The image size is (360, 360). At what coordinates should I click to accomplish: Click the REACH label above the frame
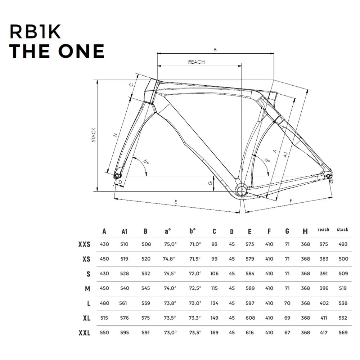[x=196, y=62]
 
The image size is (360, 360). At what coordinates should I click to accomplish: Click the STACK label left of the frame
[x=94, y=135]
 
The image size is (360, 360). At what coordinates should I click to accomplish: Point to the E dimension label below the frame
[x=176, y=202]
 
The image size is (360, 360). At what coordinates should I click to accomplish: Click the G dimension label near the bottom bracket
[x=210, y=183]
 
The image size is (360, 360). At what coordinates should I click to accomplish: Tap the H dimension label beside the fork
[x=115, y=135]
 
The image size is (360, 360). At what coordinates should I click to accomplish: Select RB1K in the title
[x=35, y=32]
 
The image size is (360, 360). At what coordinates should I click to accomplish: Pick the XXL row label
[x=84, y=333]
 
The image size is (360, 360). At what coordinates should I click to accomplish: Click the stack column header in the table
[x=342, y=230]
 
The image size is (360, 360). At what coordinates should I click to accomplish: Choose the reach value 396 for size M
[x=324, y=288]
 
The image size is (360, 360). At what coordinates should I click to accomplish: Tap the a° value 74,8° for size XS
[x=169, y=259]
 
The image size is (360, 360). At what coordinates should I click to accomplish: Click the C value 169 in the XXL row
[x=214, y=333]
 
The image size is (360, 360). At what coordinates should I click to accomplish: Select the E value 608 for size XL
[x=250, y=318]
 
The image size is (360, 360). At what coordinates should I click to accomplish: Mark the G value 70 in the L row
[x=287, y=303]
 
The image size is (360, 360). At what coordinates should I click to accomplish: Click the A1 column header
[x=125, y=231]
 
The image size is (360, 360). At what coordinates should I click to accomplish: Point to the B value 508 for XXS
[x=145, y=244]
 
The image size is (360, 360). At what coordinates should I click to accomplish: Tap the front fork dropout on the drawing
[x=117, y=176]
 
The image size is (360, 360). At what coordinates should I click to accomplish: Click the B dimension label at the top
[x=215, y=50]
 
